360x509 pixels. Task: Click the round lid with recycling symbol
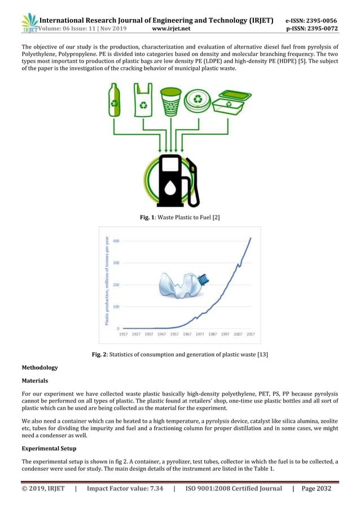click(x=199, y=100)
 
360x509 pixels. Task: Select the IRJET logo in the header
click(x=29, y=21)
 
